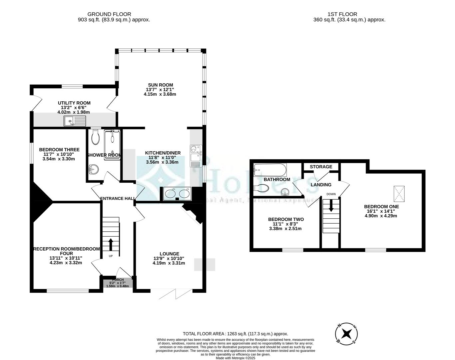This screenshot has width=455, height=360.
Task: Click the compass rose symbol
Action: click(x=347, y=333)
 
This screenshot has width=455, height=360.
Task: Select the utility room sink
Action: click(x=76, y=121)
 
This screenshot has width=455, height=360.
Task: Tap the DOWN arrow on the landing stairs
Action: click(x=331, y=205)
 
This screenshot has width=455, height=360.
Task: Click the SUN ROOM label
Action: click(x=161, y=85)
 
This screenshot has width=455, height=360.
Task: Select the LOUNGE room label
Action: click(x=169, y=254)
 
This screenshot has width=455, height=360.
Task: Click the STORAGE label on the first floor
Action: click(x=321, y=167)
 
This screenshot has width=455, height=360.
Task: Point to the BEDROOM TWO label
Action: click(x=286, y=219)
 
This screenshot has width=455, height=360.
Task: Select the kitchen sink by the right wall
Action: click(x=195, y=155)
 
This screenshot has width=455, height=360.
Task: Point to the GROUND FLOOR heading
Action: click(x=109, y=14)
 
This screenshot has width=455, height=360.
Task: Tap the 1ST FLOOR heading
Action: click(x=342, y=14)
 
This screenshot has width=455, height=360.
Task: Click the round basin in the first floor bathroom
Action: click(x=284, y=191)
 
